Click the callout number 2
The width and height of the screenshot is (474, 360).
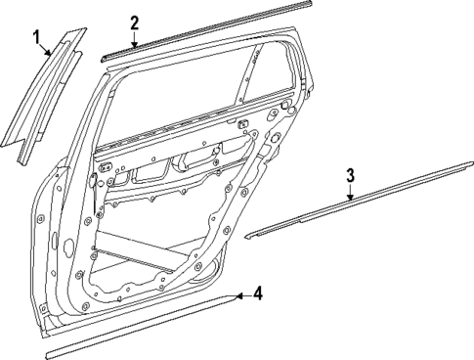point(135,22)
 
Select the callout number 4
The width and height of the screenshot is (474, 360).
point(258,292)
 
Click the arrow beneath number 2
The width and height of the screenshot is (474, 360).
point(135,37)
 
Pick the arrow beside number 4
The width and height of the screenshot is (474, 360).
point(241,292)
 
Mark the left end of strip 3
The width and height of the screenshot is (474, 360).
point(248,236)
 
